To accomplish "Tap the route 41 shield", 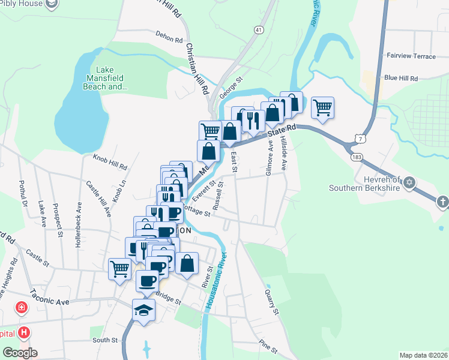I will pyautogui.click(x=259, y=29).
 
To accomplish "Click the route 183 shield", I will pyautogui.click(x=357, y=157).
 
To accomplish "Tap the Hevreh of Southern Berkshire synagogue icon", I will pyautogui.click(x=410, y=182).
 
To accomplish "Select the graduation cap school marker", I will pyautogui.click(x=143, y=310).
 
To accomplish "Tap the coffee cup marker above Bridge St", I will pyautogui.click(x=147, y=280).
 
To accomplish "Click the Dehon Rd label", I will pyautogui.click(x=169, y=38).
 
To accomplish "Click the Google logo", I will pyautogui.click(x=20, y=353).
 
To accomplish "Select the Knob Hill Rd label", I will pyautogui.click(x=110, y=161).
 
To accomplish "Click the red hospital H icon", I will pyautogui.click(x=24, y=332).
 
